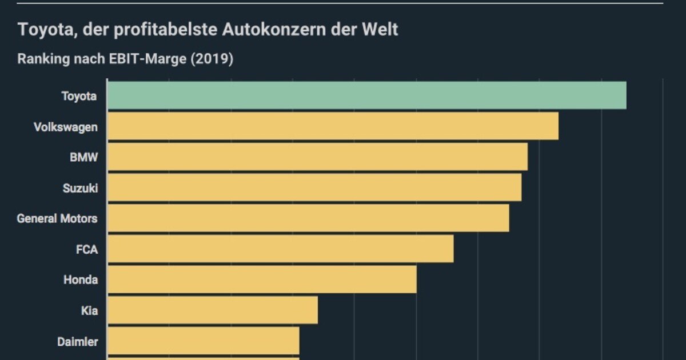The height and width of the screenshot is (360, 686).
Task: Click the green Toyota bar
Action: click(x=367, y=95)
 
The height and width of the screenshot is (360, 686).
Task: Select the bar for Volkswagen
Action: click(x=333, y=126)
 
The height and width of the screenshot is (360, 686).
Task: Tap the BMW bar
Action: click(x=317, y=157)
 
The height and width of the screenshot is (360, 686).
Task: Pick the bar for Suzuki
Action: click(x=314, y=187)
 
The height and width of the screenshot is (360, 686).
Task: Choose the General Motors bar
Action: click(x=308, y=218)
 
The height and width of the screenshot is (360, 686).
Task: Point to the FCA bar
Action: click(x=281, y=249)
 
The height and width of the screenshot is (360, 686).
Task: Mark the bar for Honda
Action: click(x=262, y=279)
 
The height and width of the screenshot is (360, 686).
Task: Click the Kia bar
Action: click(x=213, y=310)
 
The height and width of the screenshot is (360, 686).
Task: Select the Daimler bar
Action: click(x=204, y=341)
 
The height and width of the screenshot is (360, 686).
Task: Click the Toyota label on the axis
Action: click(x=79, y=96)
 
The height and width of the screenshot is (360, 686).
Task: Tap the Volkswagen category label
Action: click(x=65, y=127)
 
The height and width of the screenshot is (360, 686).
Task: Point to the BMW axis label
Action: click(x=83, y=157)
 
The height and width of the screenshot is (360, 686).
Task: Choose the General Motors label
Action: click(x=57, y=218)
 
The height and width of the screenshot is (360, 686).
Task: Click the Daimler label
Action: click(x=77, y=342)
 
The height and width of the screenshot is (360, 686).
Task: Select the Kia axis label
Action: click(x=89, y=311)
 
